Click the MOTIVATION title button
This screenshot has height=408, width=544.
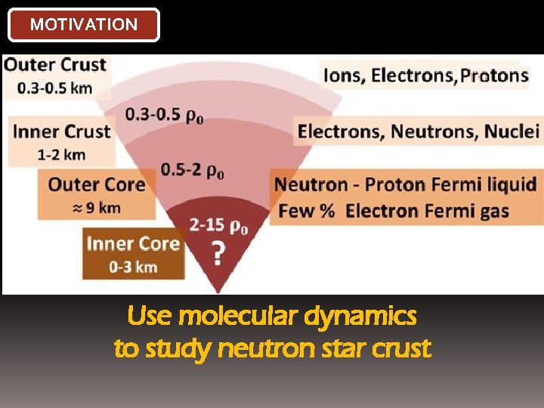click(x=83, y=24)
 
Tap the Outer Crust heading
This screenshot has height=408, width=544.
click(x=56, y=64)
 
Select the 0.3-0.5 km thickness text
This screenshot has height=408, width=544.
click(x=55, y=88)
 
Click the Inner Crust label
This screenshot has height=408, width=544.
click(x=62, y=131)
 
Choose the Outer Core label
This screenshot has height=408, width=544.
click(x=97, y=184)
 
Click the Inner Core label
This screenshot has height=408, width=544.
click(x=133, y=243)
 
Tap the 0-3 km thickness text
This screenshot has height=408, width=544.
click(x=133, y=266)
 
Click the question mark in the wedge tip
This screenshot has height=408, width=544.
click(x=218, y=254)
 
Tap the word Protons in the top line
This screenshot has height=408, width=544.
click(x=495, y=75)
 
